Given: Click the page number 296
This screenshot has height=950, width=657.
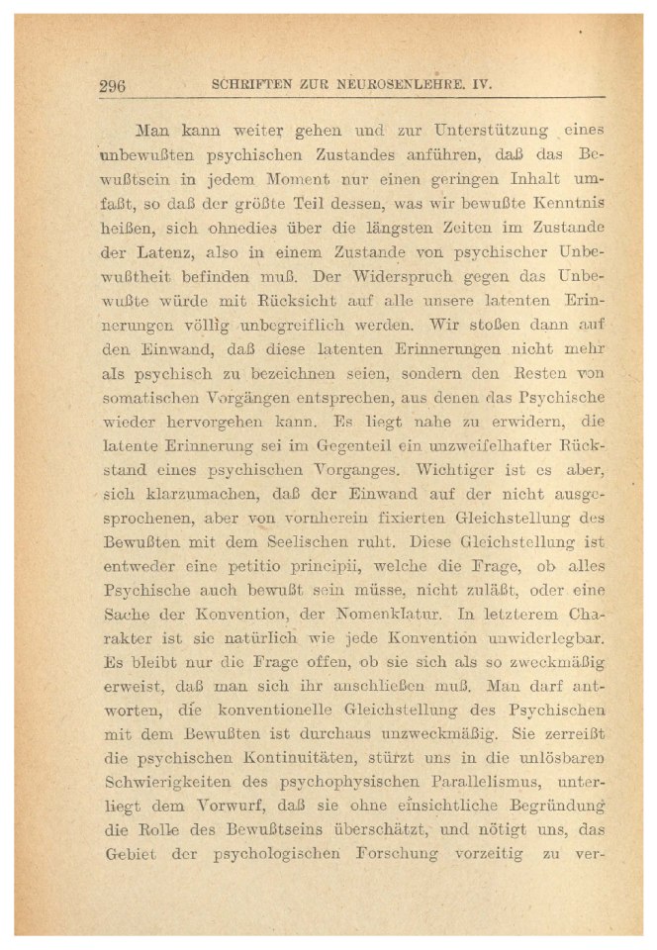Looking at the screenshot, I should [x=112, y=85].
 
